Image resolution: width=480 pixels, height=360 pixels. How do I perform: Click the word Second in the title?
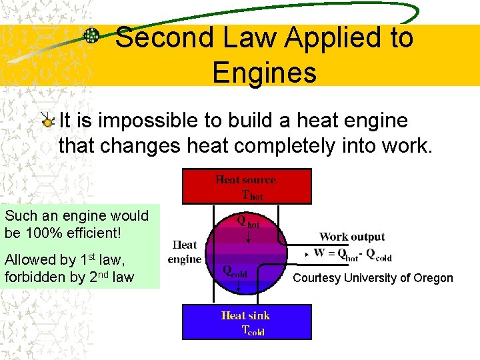[x=157, y=38]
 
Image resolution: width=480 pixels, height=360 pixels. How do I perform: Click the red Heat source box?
[x=246, y=186]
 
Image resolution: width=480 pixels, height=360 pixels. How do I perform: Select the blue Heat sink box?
[x=246, y=321]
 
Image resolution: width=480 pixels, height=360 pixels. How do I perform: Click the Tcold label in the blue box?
[x=253, y=331]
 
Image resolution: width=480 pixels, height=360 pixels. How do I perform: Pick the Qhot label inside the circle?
[x=249, y=221]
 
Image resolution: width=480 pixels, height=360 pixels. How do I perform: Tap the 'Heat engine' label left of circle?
[x=185, y=252]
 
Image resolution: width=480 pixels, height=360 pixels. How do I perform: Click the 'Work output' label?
[x=351, y=237]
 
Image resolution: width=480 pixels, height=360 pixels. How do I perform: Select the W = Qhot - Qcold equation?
[x=351, y=254]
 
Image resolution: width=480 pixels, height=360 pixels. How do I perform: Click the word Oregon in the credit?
[x=433, y=278]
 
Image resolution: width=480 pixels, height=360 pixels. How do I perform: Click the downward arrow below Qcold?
[x=239, y=287]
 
